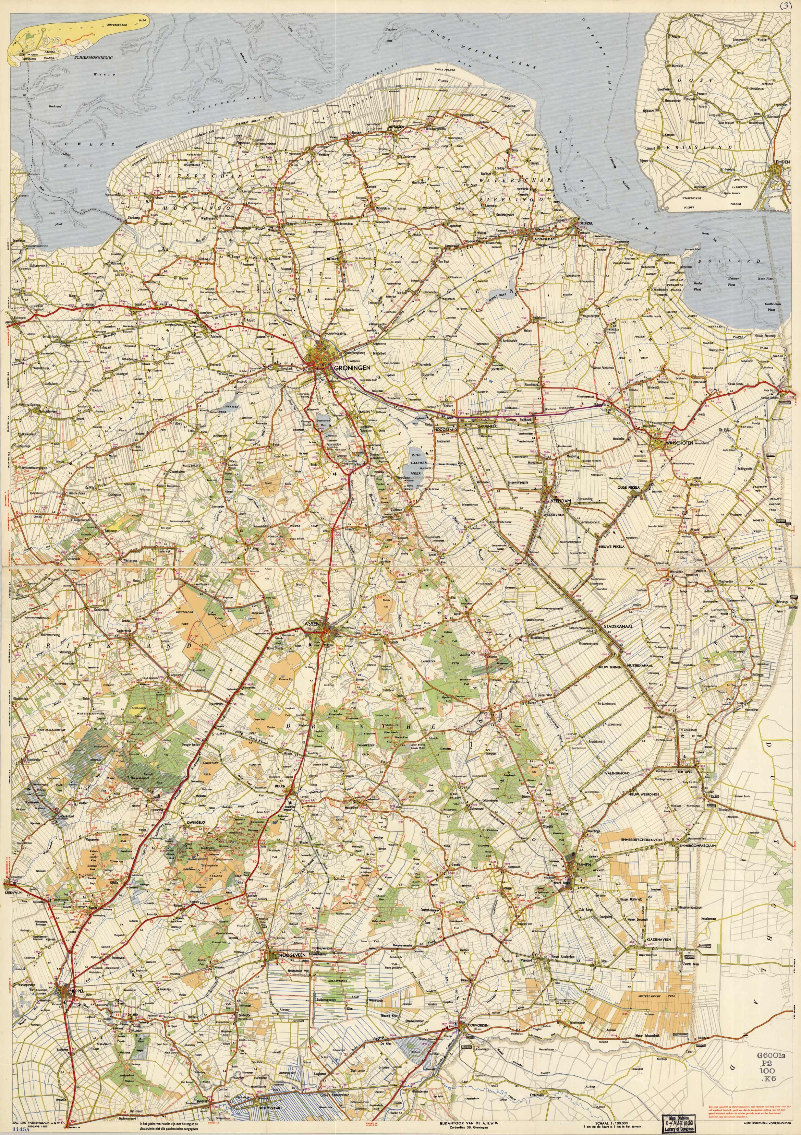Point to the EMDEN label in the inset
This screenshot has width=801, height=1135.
(x=783, y=162)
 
